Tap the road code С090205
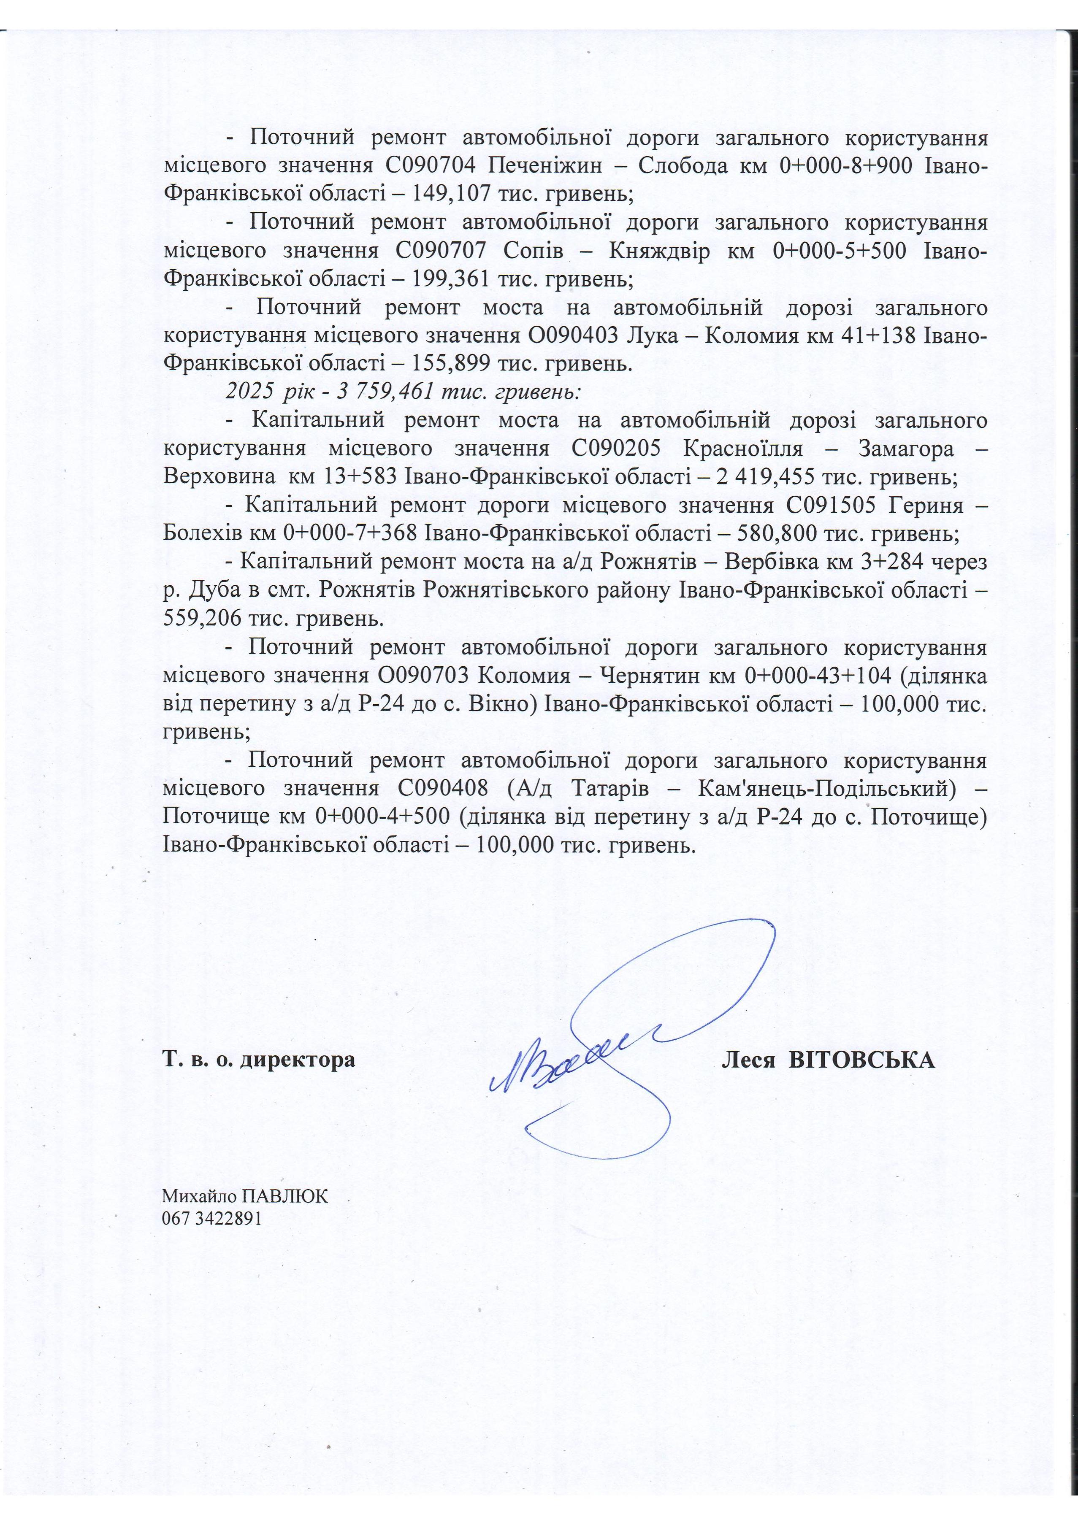click(x=615, y=449)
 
